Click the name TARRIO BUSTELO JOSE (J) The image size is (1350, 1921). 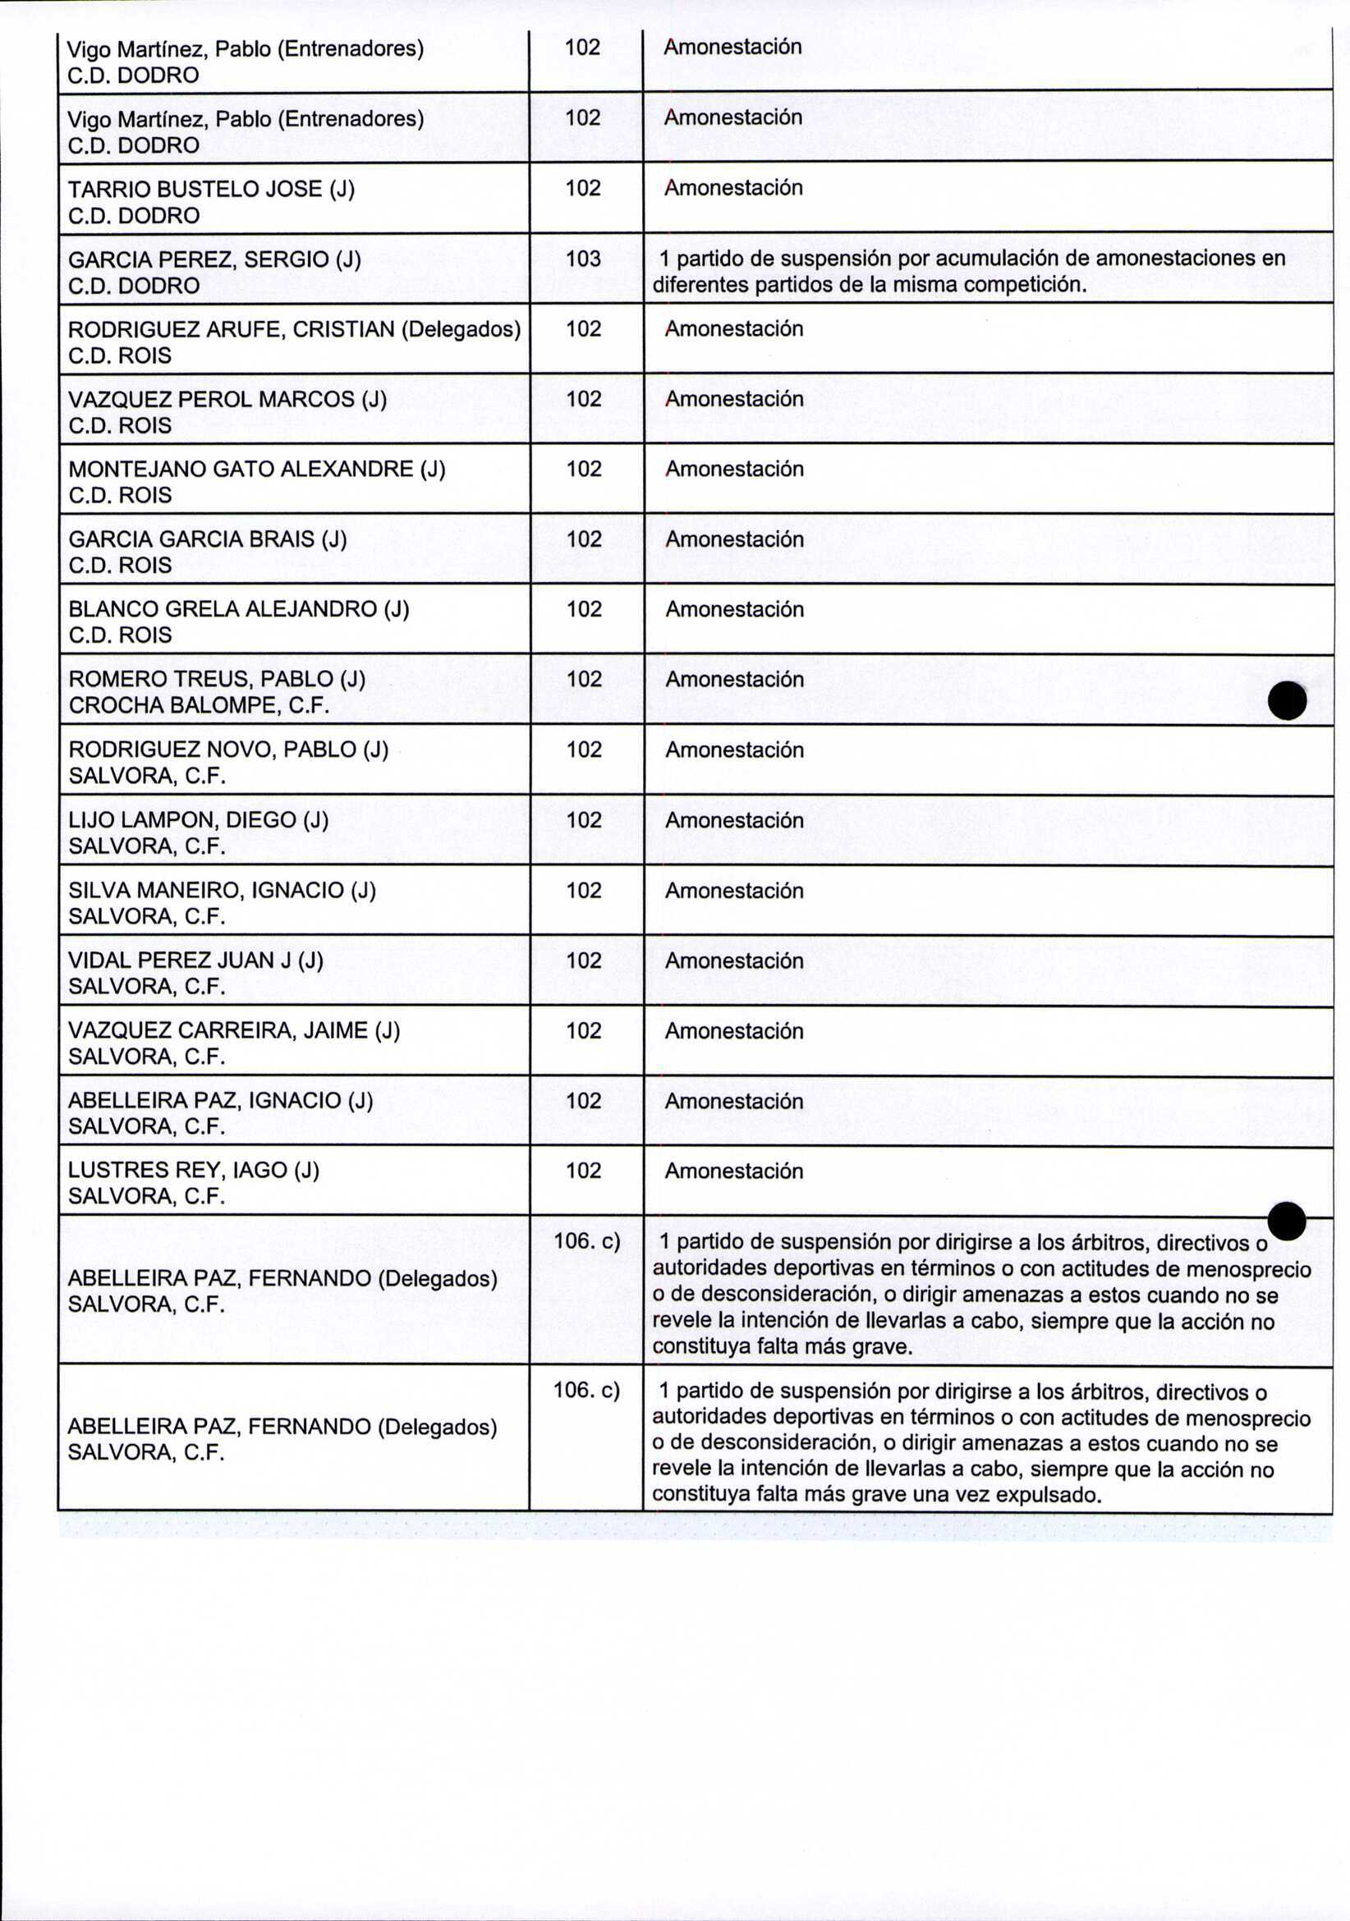pyautogui.click(x=211, y=189)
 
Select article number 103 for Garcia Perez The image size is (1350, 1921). pyautogui.click(x=583, y=259)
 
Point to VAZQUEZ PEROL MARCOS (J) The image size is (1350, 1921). pyautogui.click(x=227, y=400)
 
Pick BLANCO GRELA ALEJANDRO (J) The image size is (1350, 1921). pyautogui.click(x=238, y=609)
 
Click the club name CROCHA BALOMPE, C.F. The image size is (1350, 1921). pyautogui.click(x=200, y=706)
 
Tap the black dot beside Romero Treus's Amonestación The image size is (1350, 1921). pyautogui.click(x=1287, y=700)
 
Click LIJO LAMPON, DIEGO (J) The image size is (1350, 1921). pyautogui.click(x=199, y=820)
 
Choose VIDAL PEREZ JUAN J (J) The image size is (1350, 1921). pyautogui.click(x=195, y=960)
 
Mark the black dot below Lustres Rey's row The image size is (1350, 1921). pyautogui.click(x=1287, y=1221)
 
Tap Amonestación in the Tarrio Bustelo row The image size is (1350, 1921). pyautogui.click(x=733, y=188)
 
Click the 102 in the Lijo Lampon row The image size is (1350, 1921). pyautogui.click(x=583, y=820)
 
